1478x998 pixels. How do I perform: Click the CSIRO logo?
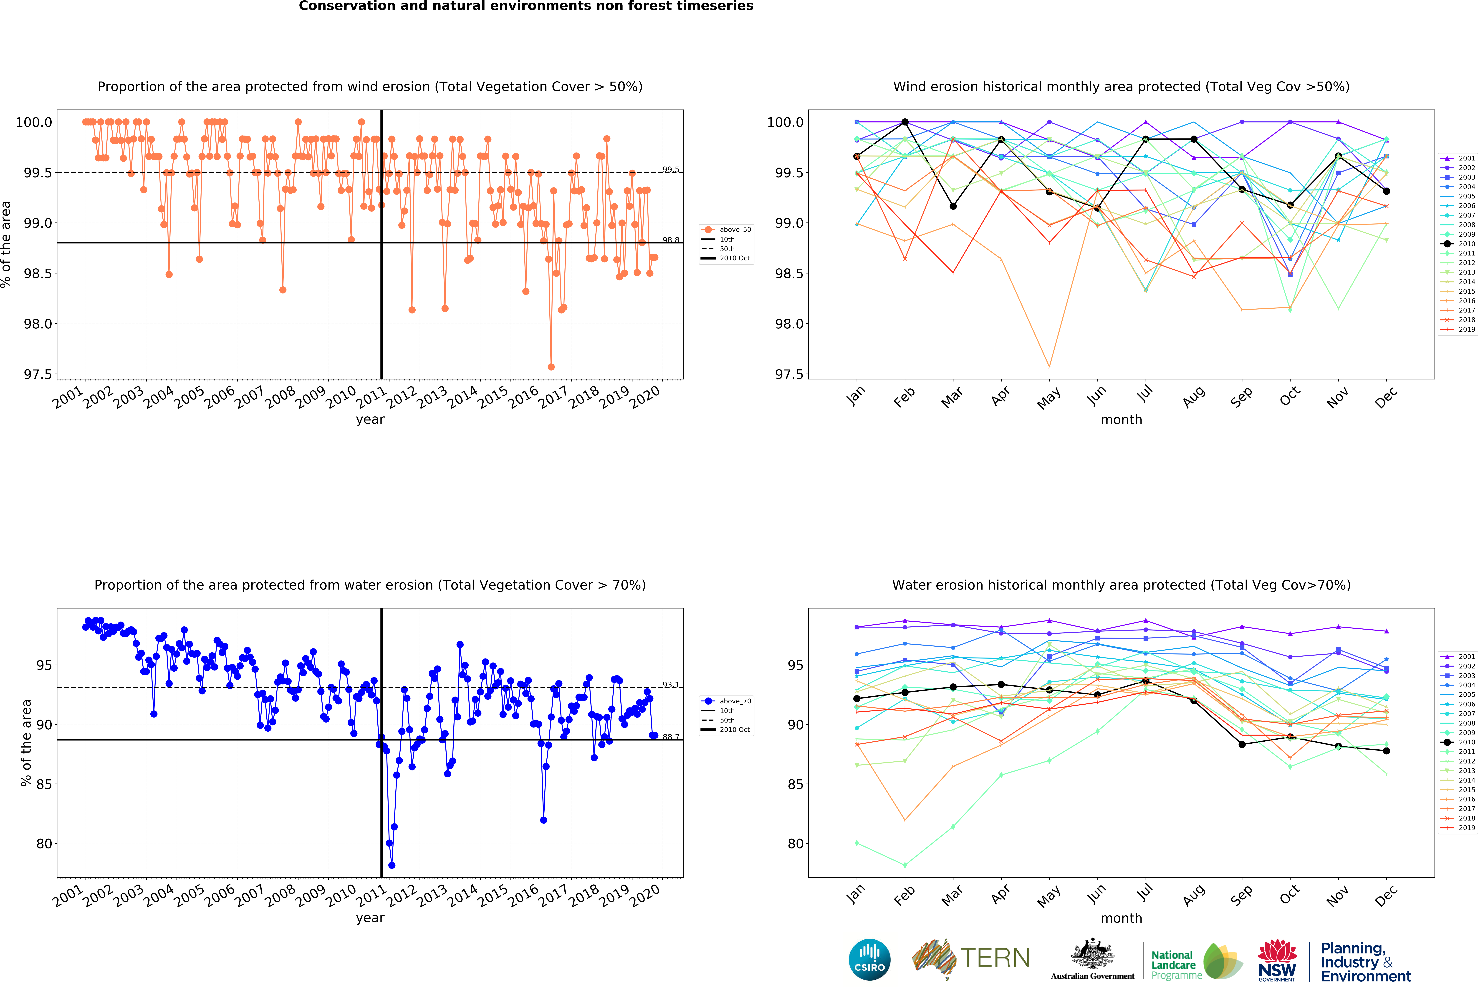(869, 959)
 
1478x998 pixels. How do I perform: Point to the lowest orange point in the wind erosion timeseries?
(551, 367)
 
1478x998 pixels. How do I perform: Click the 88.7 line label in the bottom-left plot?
(671, 737)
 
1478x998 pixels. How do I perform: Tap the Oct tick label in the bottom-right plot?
(1290, 895)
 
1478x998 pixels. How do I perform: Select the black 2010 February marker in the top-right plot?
(905, 122)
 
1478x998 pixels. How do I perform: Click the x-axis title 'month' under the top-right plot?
(1121, 420)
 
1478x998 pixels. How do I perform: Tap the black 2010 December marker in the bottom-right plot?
(1386, 751)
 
